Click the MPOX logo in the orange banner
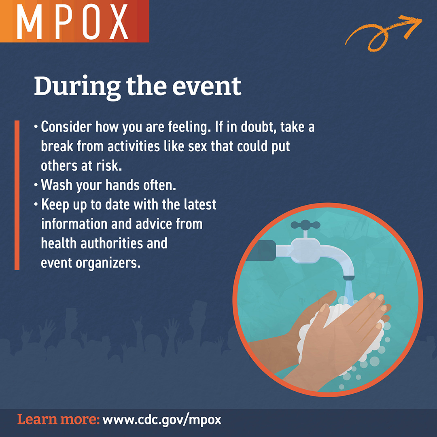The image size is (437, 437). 74,21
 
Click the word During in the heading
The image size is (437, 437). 77,86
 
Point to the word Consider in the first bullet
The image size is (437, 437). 66,127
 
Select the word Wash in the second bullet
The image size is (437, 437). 56,185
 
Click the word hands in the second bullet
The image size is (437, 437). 123,185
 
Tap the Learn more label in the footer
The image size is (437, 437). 58,420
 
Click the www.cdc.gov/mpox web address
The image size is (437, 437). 162,420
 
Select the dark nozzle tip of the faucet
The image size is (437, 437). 349,278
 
